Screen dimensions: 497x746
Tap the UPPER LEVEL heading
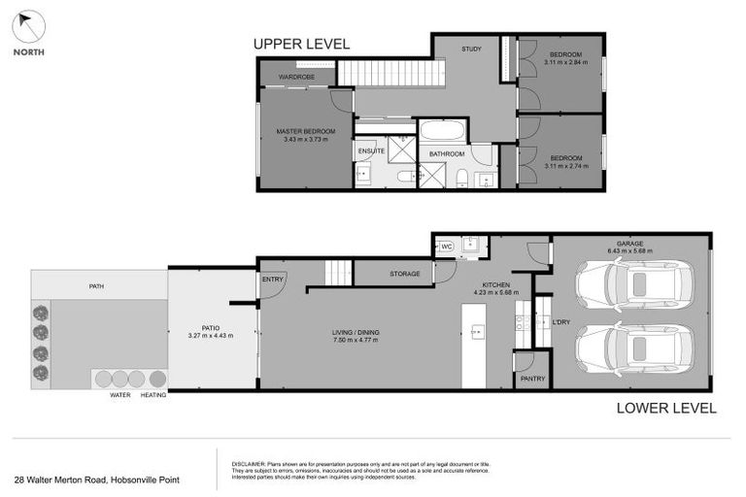[x=301, y=44]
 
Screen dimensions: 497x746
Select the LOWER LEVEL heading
[x=666, y=408]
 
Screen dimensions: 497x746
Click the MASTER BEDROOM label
[x=306, y=131]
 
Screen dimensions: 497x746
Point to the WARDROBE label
[x=296, y=76]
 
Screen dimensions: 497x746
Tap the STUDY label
[x=471, y=49]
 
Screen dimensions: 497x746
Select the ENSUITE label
[x=371, y=151]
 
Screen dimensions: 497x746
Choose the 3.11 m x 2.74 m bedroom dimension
[x=565, y=166]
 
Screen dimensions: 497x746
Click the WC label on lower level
[x=447, y=246]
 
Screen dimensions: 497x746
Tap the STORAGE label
[x=405, y=274]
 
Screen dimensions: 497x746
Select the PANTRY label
[x=532, y=379]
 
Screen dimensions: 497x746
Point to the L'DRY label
[x=560, y=321]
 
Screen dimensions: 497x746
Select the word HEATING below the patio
[x=153, y=395]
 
